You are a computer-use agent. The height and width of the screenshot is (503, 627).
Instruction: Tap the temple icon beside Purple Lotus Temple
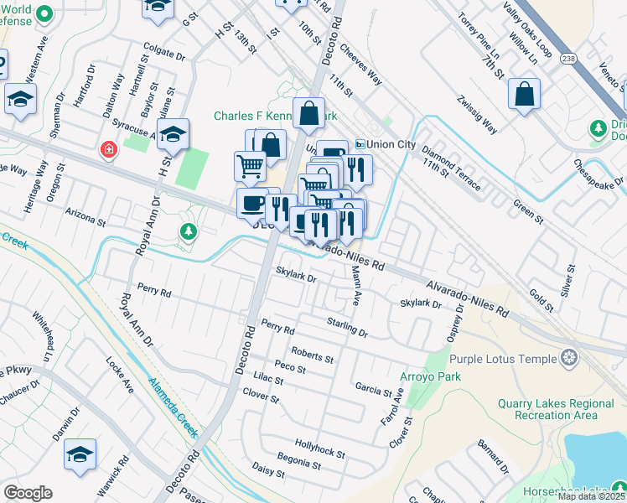coord(569,359)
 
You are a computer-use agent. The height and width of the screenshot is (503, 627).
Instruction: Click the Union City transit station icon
coord(360,144)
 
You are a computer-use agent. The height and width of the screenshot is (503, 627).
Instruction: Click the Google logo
coord(28,493)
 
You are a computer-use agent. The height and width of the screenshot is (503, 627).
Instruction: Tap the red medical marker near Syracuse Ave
coord(107,150)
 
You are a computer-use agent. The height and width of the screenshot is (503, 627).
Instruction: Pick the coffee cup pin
coord(252,202)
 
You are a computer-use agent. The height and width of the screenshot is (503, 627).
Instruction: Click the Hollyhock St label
coord(319,448)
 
